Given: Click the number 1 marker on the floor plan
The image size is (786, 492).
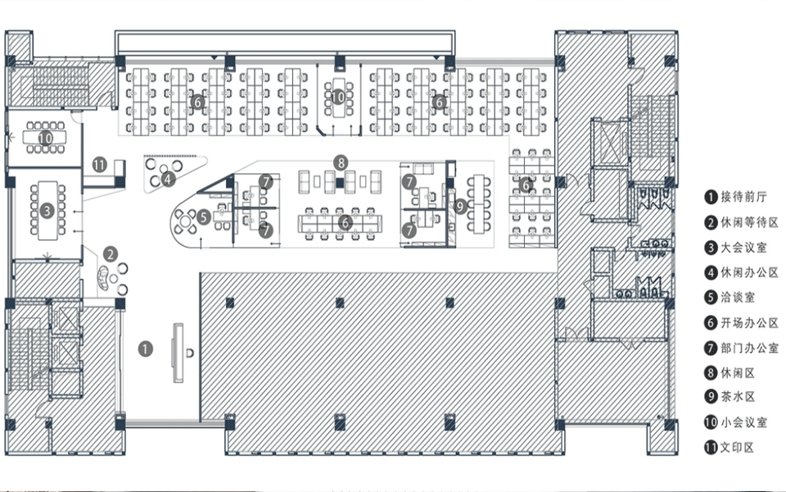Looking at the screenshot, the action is click(146, 349).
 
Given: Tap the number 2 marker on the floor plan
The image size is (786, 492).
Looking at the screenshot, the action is click(111, 254).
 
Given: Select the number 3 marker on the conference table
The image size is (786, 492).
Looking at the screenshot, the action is click(47, 210).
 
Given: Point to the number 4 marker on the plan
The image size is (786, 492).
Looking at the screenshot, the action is click(168, 178).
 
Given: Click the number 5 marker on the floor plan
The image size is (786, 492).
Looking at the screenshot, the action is click(204, 216).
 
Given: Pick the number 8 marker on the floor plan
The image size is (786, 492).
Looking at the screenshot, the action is click(341, 162).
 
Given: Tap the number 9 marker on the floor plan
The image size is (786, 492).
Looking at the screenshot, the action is click(460, 206).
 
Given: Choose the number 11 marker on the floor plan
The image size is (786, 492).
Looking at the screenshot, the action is click(100, 164).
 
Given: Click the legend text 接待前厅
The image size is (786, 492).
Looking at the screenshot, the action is click(744, 197).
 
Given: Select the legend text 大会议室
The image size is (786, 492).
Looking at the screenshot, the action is click(744, 247).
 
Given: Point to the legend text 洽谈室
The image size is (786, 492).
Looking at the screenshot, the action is click(738, 297).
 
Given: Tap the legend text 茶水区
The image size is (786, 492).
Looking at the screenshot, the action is click(738, 397).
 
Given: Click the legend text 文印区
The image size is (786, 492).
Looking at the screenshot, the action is click(737, 448).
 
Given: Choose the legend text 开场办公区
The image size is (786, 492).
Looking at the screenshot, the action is click(749, 322).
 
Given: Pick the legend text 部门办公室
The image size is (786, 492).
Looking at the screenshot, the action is click(749, 348).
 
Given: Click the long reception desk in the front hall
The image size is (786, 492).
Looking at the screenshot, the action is click(178, 353).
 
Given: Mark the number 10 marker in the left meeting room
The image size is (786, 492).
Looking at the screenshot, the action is click(45, 137).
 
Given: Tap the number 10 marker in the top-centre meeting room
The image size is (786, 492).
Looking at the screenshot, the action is click(338, 97).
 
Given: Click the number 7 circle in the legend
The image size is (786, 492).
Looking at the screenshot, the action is click(711, 348).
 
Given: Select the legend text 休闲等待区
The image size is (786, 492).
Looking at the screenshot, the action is click(749, 222).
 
